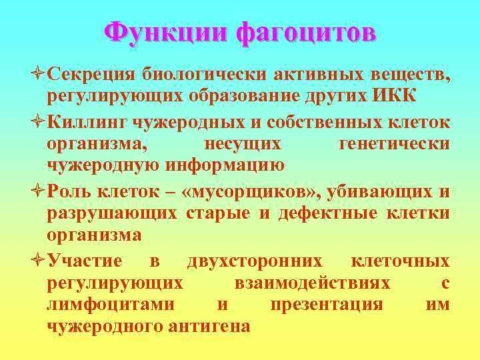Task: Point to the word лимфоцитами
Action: (x=111, y=305)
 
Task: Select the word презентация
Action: (x=326, y=305)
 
